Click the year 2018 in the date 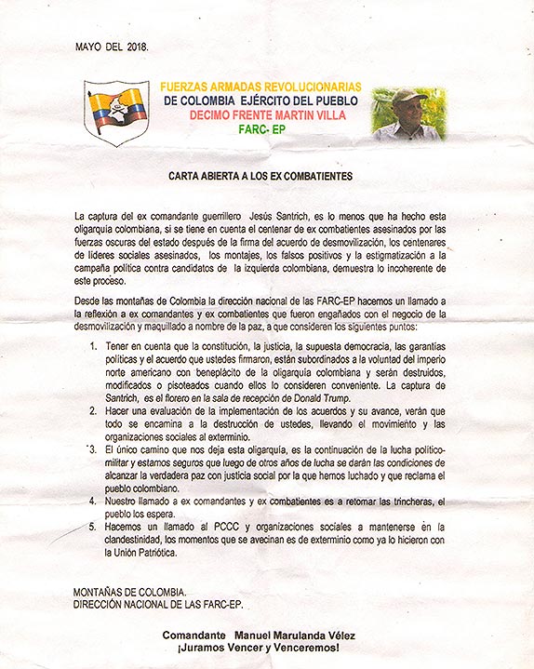pyautogui.click(x=135, y=45)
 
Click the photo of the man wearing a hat pyautogui.click(x=408, y=114)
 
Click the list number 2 pyautogui.click(x=94, y=410)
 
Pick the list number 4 pyautogui.click(x=94, y=501)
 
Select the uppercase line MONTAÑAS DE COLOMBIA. pyautogui.click(x=129, y=593)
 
